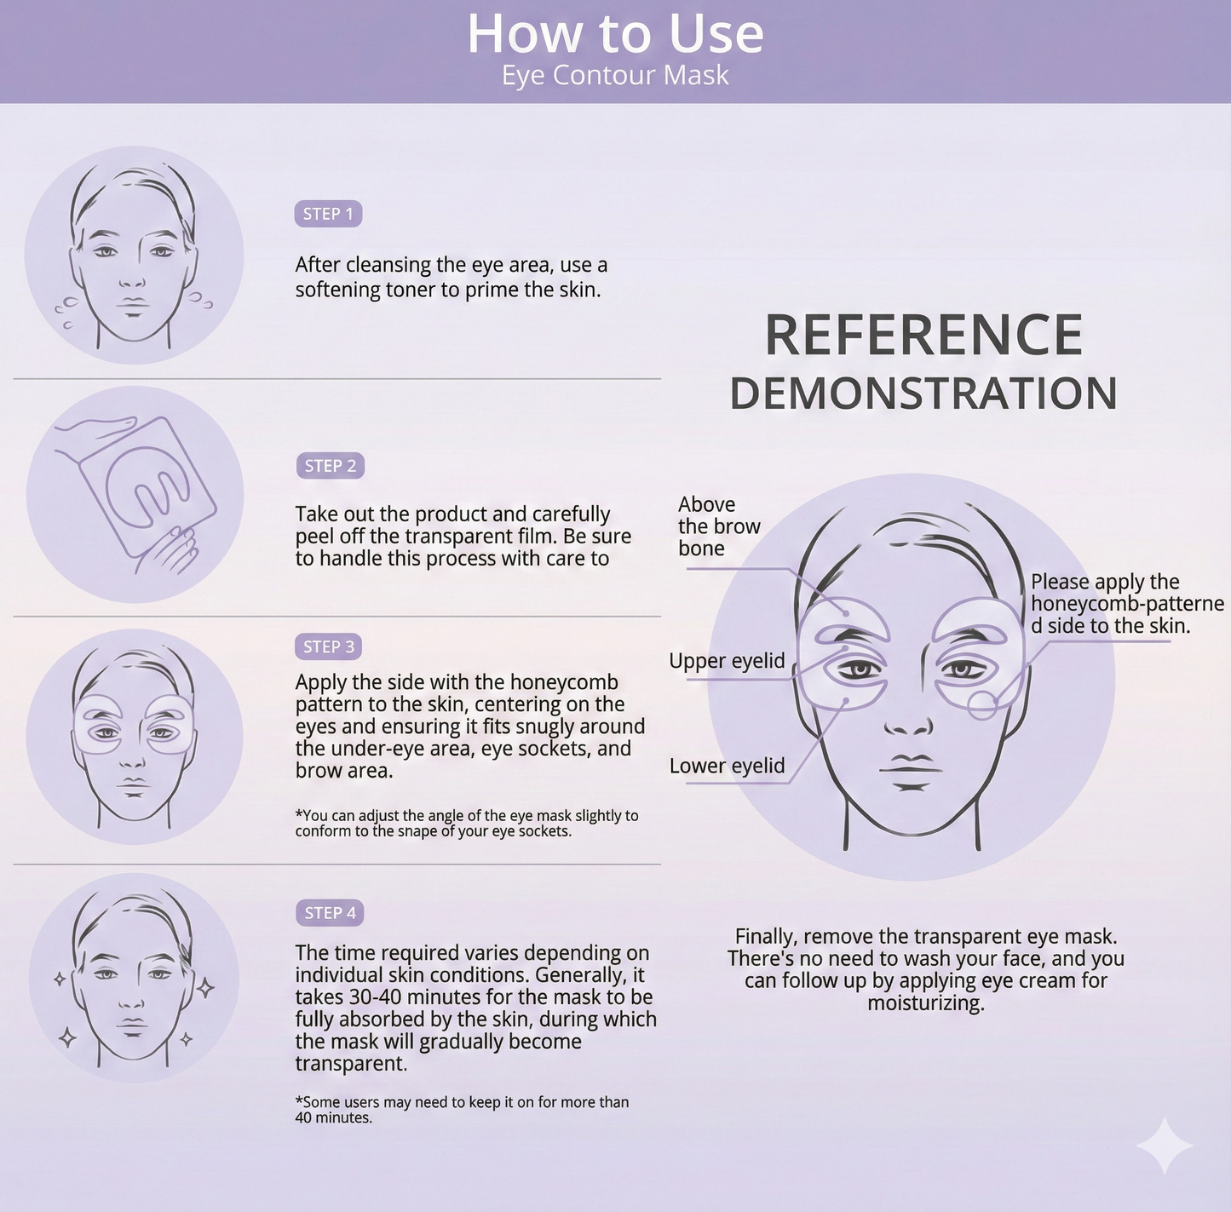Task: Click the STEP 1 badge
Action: click(328, 214)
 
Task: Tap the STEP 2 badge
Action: click(330, 466)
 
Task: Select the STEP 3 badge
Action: click(328, 646)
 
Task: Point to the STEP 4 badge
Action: click(330, 913)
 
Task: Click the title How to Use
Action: click(615, 34)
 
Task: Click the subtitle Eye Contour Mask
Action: click(615, 76)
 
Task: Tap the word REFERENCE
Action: click(923, 336)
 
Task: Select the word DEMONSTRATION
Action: click(923, 393)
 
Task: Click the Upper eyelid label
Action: click(727, 661)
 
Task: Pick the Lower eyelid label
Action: click(727, 766)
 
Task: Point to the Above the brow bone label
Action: click(718, 526)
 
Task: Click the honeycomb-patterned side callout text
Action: click(1126, 604)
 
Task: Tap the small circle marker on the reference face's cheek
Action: click(982, 705)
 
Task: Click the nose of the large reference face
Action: click(909, 724)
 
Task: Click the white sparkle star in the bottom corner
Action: click(1165, 1146)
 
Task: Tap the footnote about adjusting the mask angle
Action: click(466, 823)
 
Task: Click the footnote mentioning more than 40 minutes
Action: click(461, 1109)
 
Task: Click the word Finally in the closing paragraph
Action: click(766, 936)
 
